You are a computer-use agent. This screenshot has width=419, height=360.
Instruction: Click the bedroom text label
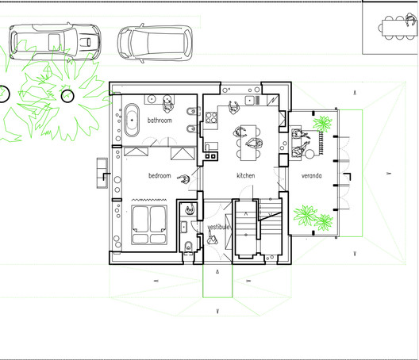coord(159,176)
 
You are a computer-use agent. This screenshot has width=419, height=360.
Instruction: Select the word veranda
coord(311,175)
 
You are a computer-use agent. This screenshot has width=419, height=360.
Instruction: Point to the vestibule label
coord(218,228)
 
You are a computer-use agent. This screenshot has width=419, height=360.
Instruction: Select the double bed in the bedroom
coord(148,224)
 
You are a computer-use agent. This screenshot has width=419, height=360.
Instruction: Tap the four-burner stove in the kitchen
coord(212,119)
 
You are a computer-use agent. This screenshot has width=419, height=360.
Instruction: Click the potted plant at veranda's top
coord(322,123)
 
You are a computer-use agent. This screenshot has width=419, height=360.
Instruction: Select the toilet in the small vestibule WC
coord(188,247)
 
